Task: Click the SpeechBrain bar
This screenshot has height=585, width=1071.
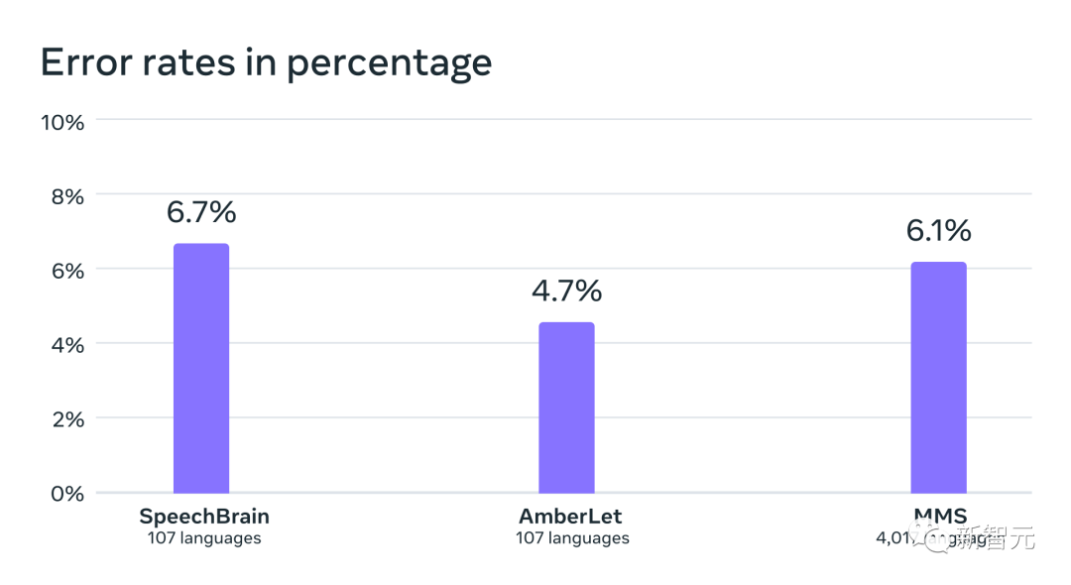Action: [x=201, y=368]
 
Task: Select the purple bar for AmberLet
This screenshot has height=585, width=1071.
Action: [x=566, y=408]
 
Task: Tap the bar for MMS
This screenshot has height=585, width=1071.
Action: [x=938, y=378]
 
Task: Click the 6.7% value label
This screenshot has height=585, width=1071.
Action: [x=201, y=212]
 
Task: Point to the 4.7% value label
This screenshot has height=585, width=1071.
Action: [x=566, y=291]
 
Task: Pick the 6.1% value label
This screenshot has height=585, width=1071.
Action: [x=938, y=231]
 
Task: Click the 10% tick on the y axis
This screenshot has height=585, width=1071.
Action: [x=62, y=122]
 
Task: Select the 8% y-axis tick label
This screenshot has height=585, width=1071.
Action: [x=67, y=196]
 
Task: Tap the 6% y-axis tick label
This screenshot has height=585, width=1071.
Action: [x=67, y=271]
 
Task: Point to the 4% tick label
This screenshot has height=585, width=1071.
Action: [x=67, y=345]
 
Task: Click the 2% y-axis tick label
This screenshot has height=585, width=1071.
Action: [x=67, y=419]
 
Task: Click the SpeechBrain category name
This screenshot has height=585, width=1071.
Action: [x=204, y=517]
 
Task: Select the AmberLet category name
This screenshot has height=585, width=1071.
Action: [x=571, y=517]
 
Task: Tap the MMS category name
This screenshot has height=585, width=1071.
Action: [x=939, y=516]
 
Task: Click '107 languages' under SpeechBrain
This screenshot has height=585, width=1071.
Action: [x=204, y=538]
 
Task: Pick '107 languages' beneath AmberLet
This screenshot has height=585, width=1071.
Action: [x=572, y=538]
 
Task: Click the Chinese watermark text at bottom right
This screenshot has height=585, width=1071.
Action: [x=994, y=539]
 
